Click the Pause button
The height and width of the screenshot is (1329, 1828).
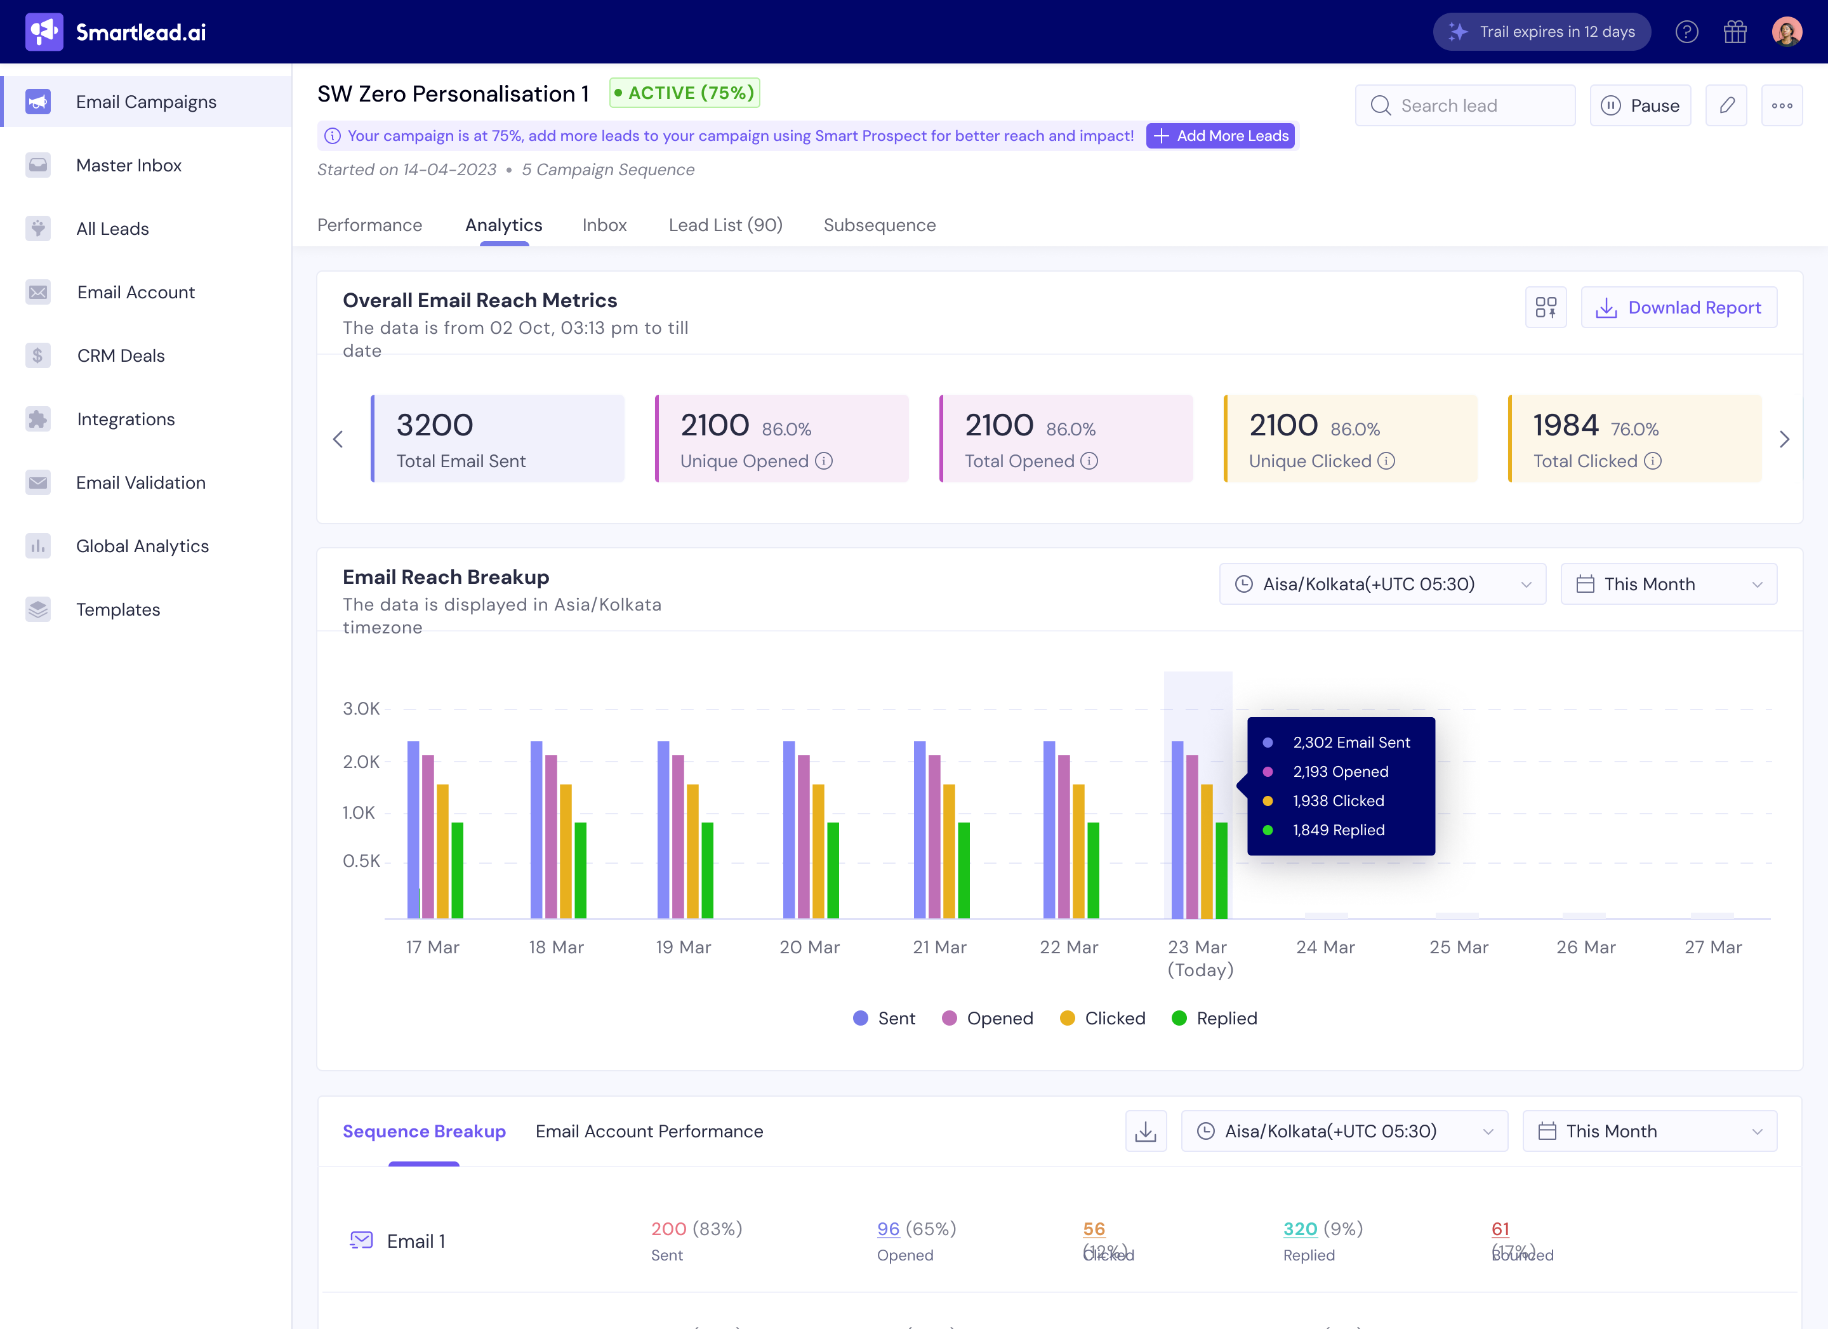click(x=1639, y=105)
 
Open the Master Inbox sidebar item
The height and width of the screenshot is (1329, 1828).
click(x=128, y=165)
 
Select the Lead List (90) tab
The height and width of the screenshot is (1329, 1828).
click(x=725, y=225)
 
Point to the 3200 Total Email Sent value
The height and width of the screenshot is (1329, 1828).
click(x=434, y=425)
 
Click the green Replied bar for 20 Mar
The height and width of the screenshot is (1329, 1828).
click(x=833, y=869)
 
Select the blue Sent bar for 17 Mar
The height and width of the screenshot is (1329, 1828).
click(x=413, y=830)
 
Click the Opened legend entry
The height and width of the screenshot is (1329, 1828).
click(x=988, y=1018)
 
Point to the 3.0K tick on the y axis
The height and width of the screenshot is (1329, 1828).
click(x=361, y=708)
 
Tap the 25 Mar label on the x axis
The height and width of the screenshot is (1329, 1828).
click(x=1458, y=947)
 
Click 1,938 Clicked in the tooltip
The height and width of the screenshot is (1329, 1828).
click(x=1338, y=800)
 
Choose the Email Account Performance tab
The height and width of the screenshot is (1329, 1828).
click(x=649, y=1131)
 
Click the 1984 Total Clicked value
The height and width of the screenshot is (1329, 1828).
click(x=1565, y=425)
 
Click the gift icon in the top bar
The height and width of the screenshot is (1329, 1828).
click(x=1735, y=32)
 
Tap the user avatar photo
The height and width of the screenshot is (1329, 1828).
click(x=1786, y=32)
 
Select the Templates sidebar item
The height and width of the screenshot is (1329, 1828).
click(x=117, y=609)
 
